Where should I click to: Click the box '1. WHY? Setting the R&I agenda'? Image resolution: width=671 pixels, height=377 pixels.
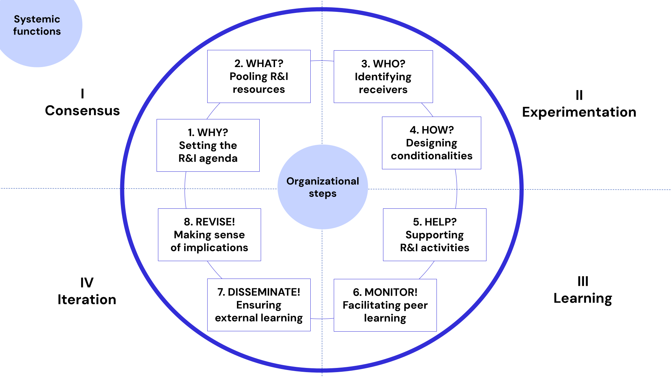click(x=208, y=145)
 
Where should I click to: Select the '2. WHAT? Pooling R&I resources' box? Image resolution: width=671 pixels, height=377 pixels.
click(x=259, y=76)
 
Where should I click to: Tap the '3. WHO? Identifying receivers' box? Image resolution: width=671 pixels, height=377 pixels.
click(x=383, y=77)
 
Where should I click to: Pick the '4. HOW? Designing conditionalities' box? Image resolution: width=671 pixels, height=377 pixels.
click(x=431, y=143)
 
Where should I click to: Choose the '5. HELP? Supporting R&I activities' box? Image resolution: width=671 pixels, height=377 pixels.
click(x=434, y=235)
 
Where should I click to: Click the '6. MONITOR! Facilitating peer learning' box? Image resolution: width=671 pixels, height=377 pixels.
click(x=385, y=305)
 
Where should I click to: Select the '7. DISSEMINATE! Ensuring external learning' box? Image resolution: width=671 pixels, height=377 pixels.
click(x=259, y=305)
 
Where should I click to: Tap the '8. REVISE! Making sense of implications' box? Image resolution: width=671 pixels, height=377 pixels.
click(x=209, y=235)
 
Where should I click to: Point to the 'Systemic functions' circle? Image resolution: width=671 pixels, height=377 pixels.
click(x=37, y=25)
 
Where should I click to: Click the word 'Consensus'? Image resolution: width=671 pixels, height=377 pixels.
click(x=82, y=111)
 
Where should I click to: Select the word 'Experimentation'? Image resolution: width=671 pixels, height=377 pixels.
click(x=579, y=112)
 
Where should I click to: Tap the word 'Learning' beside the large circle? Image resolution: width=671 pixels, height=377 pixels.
click(x=583, y=298)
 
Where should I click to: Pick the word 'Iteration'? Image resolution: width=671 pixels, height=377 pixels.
click(x=87, y=300)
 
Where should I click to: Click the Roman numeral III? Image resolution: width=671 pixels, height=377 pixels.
click(x=583, y=281)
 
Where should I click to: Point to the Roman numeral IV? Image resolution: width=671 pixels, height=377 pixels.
click(x=87, y=283)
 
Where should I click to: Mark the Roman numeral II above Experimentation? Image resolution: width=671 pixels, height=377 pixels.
click(x=579, y=95)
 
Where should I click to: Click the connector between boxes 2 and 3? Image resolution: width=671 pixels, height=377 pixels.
click(x=322, y=61)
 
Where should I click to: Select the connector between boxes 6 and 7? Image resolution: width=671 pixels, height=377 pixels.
click(x=322, y=318)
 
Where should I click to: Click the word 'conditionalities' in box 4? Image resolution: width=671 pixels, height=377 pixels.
click(x=431, y=156)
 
